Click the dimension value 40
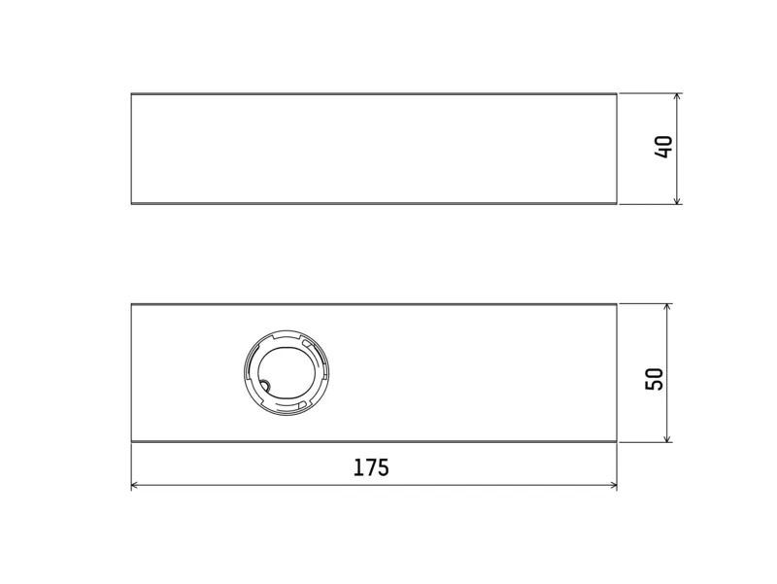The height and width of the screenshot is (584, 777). coord(663,147)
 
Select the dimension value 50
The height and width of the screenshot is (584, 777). coord(654,379)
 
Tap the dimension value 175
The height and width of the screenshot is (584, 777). coord(371,467)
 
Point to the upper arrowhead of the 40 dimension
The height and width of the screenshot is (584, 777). coord(677,97)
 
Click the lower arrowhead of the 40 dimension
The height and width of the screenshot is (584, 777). coord(677,200)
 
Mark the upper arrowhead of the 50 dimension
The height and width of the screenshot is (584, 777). coord(667,308)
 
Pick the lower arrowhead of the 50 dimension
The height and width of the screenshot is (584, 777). coord(667,437)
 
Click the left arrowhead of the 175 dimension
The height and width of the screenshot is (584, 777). coord(136,485)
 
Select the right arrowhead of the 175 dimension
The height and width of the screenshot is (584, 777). coord(613,485)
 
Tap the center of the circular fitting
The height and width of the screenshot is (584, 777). coord(287,372)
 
